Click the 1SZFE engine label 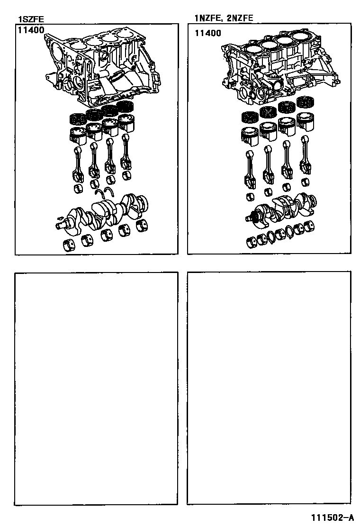(x=31, y=19)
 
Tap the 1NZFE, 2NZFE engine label (x=224, y=18)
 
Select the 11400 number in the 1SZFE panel (x=31, y=30)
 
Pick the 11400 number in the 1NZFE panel (x=208, y=33)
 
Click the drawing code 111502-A (x=332, y=517)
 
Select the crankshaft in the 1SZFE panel (x=102, y=214)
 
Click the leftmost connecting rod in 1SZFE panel (x=77, y=164)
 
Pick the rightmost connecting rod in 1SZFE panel (x=126, y=152)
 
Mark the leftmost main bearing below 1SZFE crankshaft (x=69, y=245)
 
